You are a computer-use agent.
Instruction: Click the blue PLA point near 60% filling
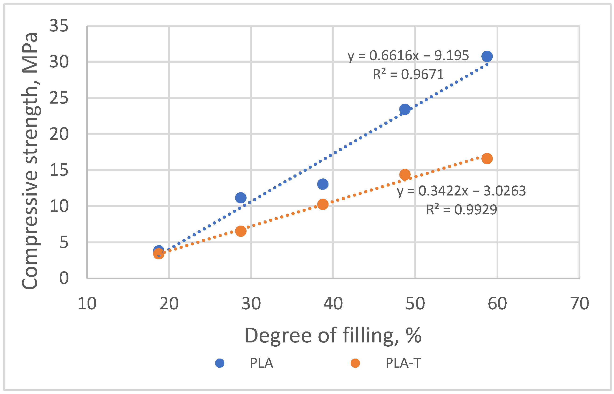click(487, 56)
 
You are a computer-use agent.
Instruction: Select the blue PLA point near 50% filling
click(405, 109)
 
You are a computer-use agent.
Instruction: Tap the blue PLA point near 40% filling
click(323, 184)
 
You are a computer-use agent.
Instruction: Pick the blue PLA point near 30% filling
click(241, 198)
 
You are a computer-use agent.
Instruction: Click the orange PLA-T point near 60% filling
click(487, 159)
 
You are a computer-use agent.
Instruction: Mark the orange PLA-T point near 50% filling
click(405, 174)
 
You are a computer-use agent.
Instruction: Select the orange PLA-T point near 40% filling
click(323, 204)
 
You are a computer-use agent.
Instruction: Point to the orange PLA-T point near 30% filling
click(241, 231)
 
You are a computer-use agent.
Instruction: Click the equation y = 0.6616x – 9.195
click(408, 56)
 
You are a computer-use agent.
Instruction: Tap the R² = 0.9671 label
click(408, 74)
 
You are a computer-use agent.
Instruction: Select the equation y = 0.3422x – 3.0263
click(461, 191)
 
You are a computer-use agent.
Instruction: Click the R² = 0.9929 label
click(461, 210)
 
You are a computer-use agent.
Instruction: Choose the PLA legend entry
click(261, 363)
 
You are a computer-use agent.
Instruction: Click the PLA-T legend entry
click(403, 363)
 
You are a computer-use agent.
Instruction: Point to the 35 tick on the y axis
click(59, 26)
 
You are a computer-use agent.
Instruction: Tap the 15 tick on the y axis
click(59, 170)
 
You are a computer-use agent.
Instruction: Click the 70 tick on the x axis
click(580, 304)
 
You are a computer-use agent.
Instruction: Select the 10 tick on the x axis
click(87, 304)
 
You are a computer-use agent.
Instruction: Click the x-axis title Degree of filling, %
click(333, 335)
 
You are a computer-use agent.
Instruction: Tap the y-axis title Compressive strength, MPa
click(30, 161)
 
